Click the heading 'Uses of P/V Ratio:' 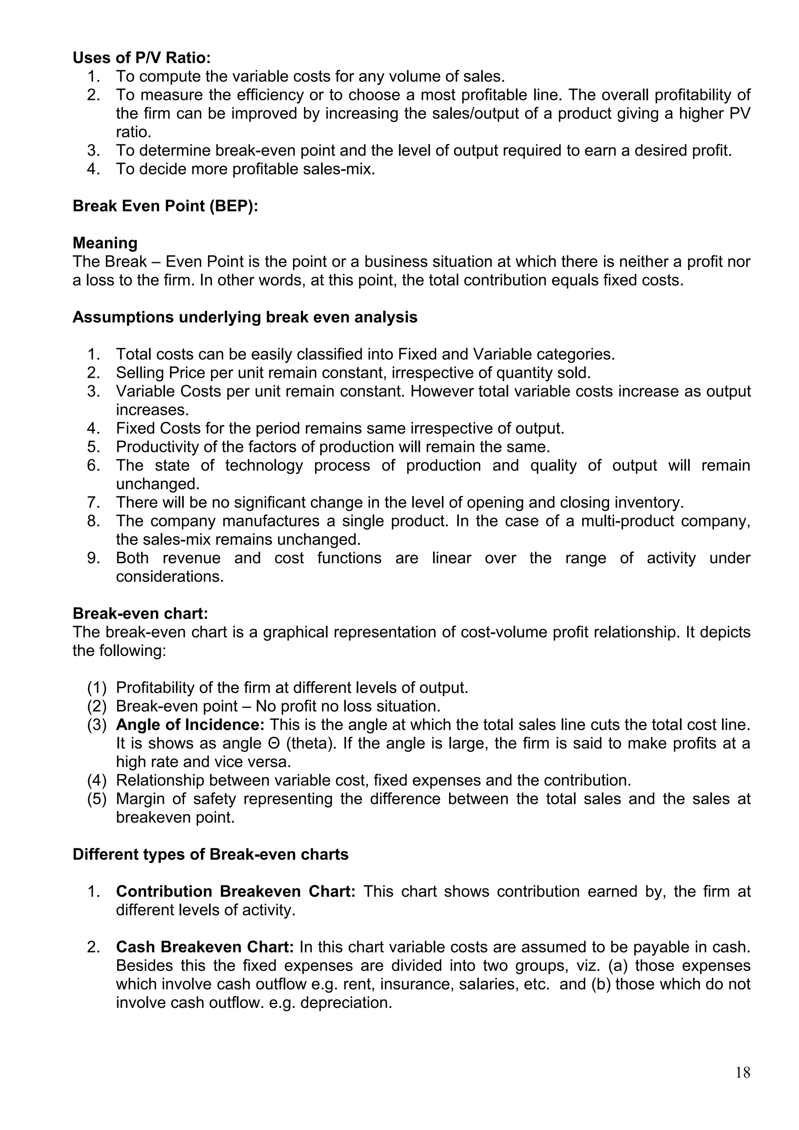point(142,58)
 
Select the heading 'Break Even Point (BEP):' point(165,206)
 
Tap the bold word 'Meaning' point(105,243)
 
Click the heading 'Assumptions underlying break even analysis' point(245,318)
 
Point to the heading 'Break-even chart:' point(140,614)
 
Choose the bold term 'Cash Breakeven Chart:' point(205,947)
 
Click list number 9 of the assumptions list point(94,558)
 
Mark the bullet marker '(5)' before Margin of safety point(97,799)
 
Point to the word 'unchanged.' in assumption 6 point(158,484)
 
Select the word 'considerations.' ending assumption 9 point(170,577)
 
